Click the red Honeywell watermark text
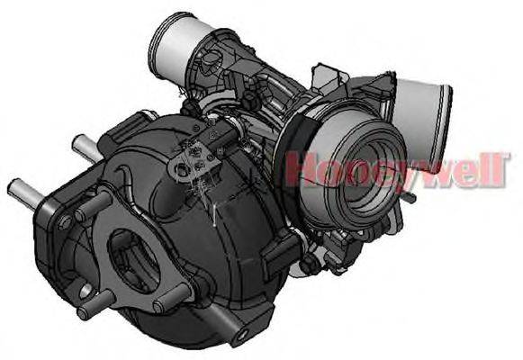397,169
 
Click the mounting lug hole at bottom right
241,336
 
